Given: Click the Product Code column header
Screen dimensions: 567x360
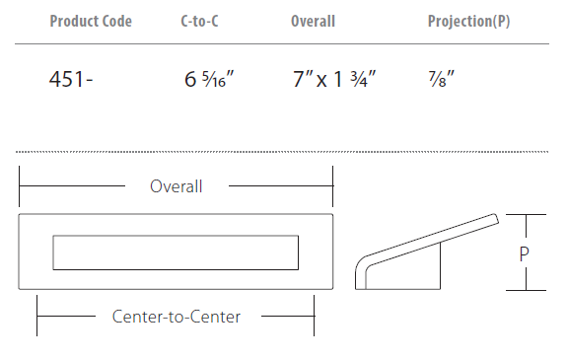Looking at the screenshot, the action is coord(91,21).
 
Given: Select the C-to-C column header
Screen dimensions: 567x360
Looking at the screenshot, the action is coord(199,21).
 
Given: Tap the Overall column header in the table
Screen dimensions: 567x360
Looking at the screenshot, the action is coord(314,21).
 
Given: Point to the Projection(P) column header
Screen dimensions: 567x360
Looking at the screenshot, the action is coord(469,21).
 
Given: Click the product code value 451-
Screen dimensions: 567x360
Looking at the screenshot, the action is coord(71,79).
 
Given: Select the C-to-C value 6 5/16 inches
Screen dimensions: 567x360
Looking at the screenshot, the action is coord(209,79).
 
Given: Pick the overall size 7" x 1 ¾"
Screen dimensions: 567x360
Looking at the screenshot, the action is coord(334,79).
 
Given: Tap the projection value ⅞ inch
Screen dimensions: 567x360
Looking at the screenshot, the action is coord(441,79).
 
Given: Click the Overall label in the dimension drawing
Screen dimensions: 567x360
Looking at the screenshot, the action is coord(177,186).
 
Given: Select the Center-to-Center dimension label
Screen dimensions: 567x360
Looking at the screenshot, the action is coord(177,317).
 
